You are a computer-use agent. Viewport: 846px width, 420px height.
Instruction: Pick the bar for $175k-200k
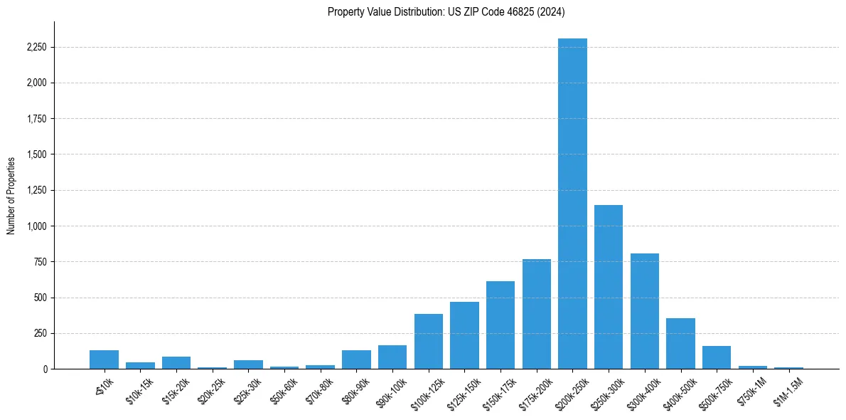(537, 314)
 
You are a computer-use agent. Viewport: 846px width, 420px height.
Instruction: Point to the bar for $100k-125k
(429, 342)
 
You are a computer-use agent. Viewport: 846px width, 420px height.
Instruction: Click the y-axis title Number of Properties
(11, 195)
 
